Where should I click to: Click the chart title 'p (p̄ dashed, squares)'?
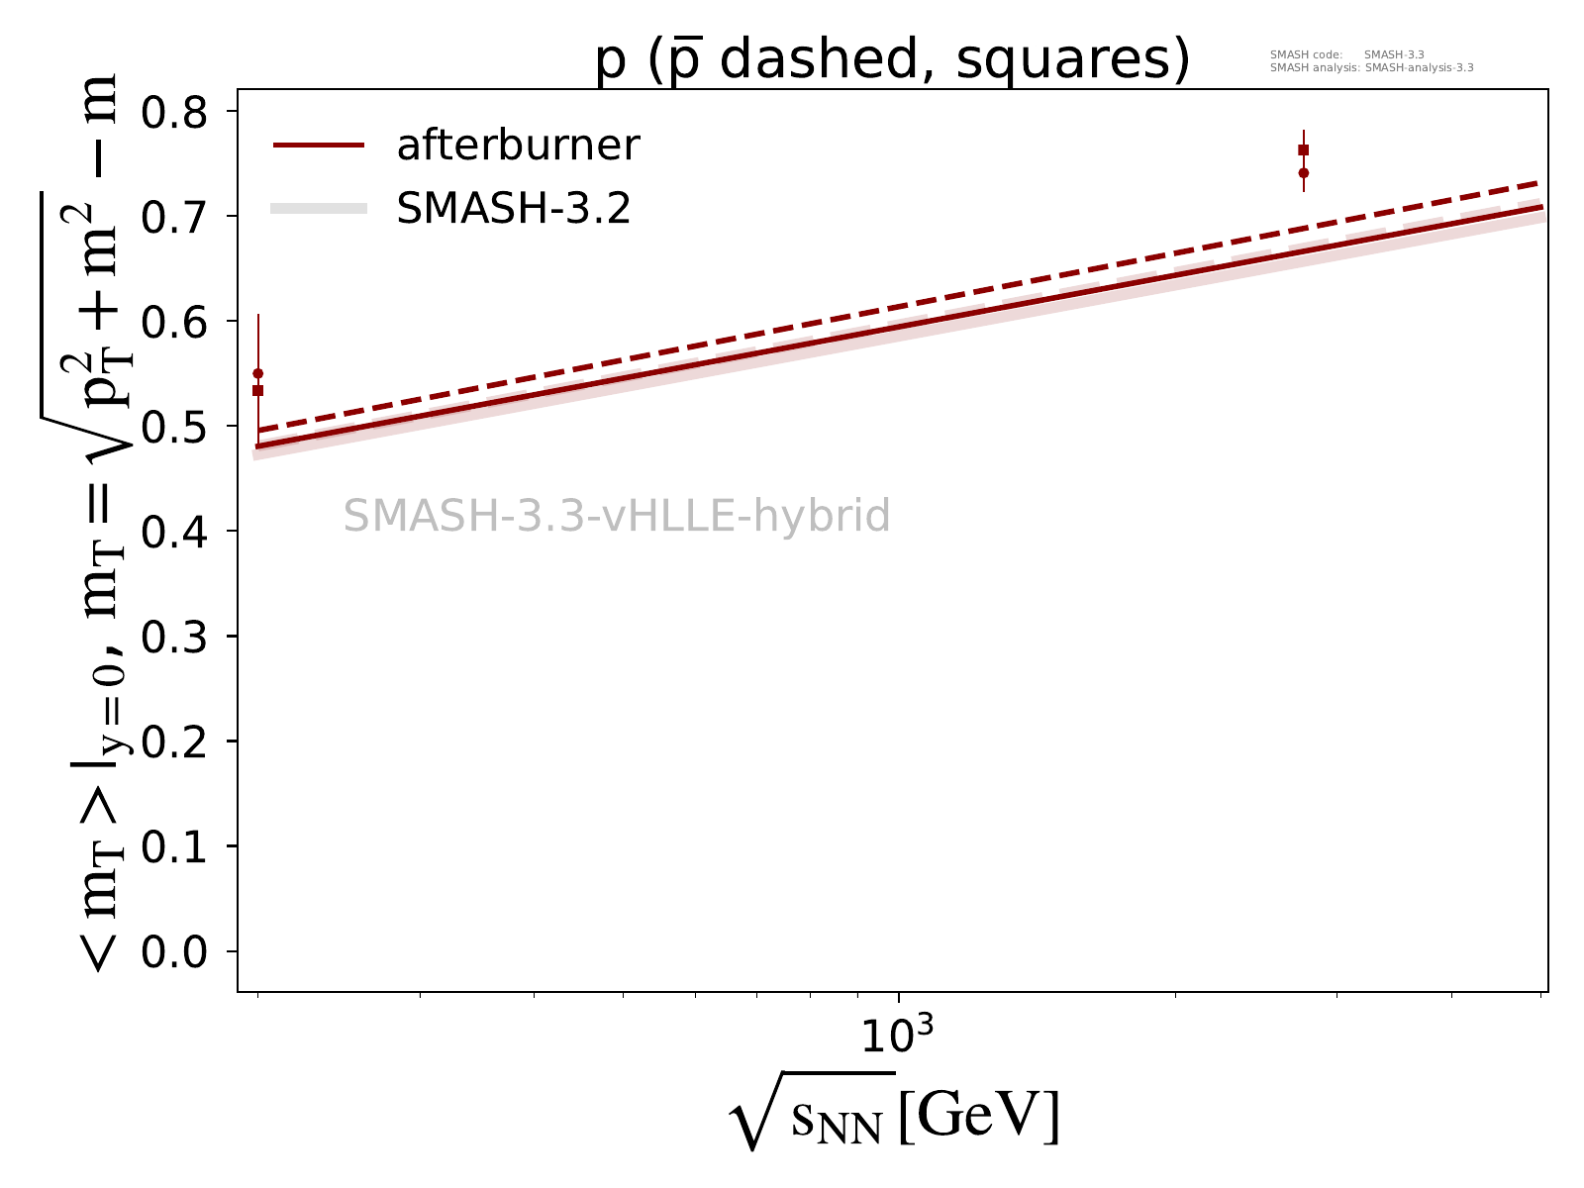(891, 61)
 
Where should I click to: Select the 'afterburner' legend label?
(518, 146)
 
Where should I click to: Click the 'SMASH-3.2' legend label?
(513, 209)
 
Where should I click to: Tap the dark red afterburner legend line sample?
(319, 146)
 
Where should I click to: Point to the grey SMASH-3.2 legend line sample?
(319, 209)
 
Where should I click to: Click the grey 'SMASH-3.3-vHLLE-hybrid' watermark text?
(617, 517)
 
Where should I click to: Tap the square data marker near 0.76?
(1304, 149)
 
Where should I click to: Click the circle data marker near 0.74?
(1304, 172)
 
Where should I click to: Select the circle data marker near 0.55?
(258, 373)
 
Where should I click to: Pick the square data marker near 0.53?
(258, 390)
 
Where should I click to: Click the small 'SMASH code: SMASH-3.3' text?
(1346, 55)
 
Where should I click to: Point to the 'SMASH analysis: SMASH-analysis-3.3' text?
(1371, 68)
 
